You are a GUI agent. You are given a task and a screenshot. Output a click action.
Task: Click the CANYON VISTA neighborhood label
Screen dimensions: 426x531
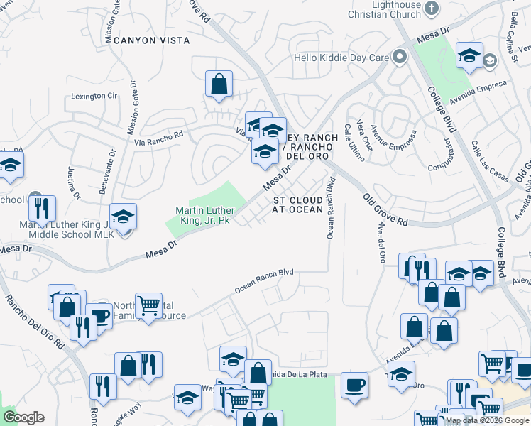[155, 40]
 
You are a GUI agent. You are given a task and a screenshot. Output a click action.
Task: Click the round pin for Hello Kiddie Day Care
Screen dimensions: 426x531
[400, 57]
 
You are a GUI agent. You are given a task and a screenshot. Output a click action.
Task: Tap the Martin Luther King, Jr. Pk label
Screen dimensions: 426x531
[206, 216]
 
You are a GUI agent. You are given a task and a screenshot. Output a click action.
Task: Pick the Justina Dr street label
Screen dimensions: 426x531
[72, 182]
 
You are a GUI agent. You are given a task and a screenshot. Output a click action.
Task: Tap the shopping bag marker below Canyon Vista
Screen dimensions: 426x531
[219, 84]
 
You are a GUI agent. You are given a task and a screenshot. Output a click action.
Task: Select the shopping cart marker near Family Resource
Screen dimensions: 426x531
[148, 306]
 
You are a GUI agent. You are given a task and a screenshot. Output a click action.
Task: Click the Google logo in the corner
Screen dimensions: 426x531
[23, 417]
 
